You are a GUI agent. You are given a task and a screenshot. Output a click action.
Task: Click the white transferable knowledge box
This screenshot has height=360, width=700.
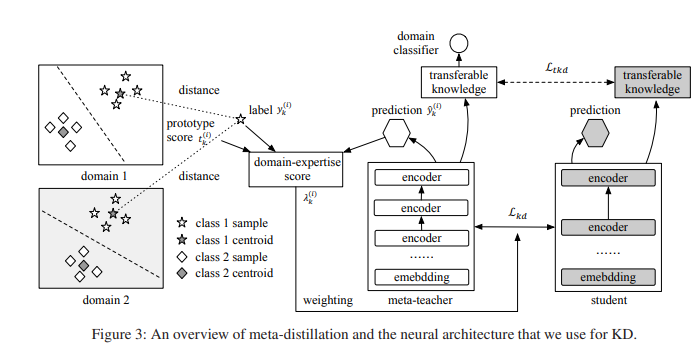[x=458, y=81]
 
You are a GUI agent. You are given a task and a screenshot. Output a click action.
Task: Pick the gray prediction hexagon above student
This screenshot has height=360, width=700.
[x=595, y=132]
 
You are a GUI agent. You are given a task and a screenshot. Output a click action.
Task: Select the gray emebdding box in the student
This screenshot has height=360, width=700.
[x=609, y=276]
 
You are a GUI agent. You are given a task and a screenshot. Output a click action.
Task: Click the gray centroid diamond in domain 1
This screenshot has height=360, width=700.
[x=63, y=131]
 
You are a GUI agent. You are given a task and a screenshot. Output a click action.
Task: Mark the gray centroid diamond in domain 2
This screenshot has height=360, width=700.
[x=84, y=264]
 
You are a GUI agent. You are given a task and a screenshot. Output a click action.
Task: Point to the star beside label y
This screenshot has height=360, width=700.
[x=240, y=121]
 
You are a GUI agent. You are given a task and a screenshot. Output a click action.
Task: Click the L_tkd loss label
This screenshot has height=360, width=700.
[x=557, y=67]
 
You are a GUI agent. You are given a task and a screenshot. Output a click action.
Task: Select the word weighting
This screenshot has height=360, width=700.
[x=328, y=300]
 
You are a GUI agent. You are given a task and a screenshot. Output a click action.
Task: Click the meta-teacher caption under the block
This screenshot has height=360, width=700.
[x=419, y=300]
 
